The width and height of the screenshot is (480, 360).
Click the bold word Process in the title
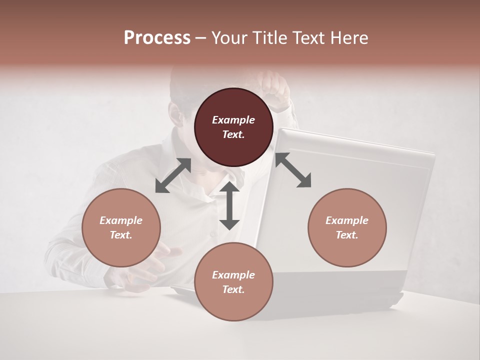[x=157, y=38]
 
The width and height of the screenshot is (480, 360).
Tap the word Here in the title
[x=348, y=38]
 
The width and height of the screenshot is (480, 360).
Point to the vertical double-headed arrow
[x=229, y=205]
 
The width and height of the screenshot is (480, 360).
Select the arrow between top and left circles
[x=173, y=175]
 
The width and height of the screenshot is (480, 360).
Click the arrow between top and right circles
[x=293, y=170]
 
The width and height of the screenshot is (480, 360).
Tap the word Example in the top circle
[x=233, y=120]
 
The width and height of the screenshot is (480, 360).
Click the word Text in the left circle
[x=121, y=235]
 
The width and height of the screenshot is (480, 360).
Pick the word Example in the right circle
[x=347, y=220]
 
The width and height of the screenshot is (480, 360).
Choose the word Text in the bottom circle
[x=233, y=289]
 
